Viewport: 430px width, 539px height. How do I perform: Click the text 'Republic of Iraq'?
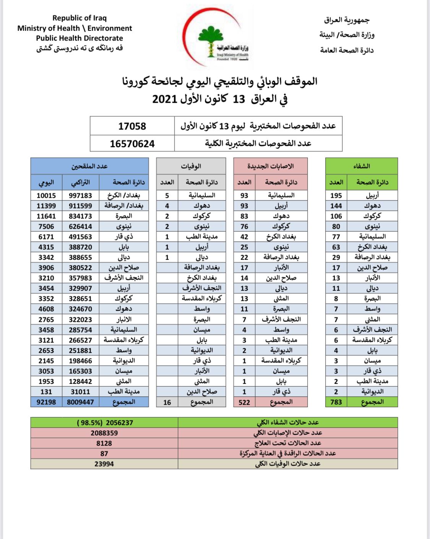click(80, 18)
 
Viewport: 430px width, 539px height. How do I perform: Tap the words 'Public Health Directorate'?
click(80, 38)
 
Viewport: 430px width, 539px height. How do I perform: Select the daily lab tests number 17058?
click(132, 126)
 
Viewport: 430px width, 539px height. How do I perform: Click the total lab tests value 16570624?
click(132, 144)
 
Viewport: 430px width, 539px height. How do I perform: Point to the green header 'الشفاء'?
click(361, 166)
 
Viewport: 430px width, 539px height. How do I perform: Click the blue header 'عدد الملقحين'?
click(89, 166)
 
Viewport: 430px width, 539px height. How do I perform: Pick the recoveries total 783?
click(336, 402)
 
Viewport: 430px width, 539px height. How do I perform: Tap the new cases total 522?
click(244, 402)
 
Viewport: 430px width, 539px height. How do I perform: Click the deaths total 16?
click(167, 402)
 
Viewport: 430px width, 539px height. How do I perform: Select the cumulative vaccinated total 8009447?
click(80, 402)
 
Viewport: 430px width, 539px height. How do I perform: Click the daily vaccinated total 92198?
click(46, 402)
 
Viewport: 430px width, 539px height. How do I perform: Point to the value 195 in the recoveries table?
click(336, 195)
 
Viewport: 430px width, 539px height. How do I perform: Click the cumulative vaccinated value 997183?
click(80, 195)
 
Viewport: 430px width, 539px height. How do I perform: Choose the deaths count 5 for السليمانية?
click(167, 195)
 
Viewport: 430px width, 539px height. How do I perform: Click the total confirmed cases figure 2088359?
click(104, 433)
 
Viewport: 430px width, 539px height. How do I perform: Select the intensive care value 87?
click(104, 453)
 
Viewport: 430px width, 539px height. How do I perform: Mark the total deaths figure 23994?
click(104, 464)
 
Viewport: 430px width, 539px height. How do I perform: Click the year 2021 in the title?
click(164, 99)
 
